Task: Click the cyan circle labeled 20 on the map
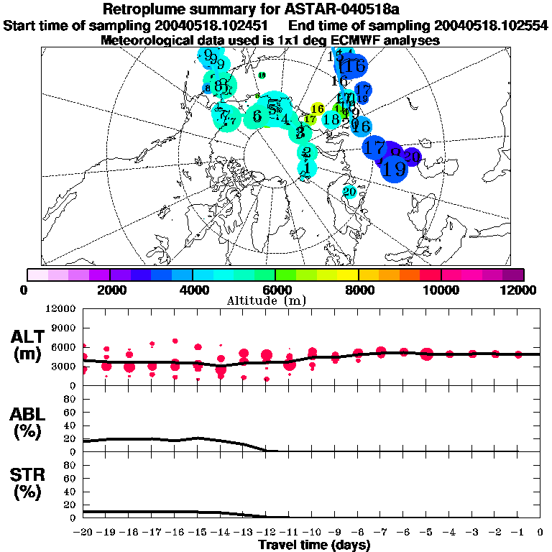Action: pos(350,192)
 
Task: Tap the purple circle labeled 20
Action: pos(412,156)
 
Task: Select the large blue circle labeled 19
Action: pos(393,170)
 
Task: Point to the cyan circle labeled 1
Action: pos(307,168)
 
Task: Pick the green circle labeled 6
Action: pos(257,116)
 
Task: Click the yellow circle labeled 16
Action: pos(317,109)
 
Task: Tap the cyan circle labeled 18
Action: pos(331,119)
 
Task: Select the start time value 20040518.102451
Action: pos(212,26)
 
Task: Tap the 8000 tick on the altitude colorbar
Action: pos(358,289)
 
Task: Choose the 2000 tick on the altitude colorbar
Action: pos(109,289)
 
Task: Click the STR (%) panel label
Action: pos(29,484)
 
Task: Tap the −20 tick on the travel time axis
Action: pos(83,533)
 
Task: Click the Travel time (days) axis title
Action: pos(313,545)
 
